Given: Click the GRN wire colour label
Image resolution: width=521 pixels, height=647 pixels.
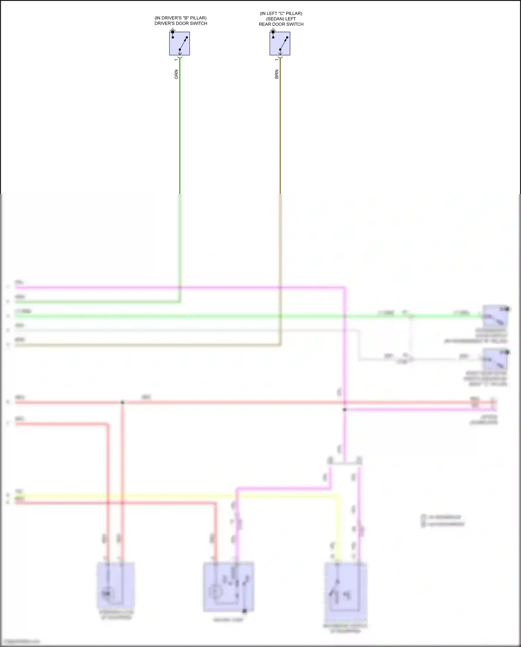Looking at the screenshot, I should (x=176, y=74).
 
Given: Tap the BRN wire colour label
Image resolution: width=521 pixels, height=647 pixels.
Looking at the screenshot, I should (x=277, y=74).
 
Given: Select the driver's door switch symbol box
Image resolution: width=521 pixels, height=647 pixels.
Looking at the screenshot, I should (x=180, y=44).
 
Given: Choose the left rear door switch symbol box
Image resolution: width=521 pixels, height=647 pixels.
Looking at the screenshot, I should (x=280, y=44).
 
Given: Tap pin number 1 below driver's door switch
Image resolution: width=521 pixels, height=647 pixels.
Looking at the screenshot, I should (x=176, y=60).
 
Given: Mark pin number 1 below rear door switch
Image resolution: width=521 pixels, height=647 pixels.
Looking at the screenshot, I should (x=277, y=60).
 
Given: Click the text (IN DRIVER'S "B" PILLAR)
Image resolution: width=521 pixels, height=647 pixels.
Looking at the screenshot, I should (x=181, y=18).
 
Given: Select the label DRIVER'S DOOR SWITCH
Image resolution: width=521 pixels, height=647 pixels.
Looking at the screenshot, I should (x=181, y=23).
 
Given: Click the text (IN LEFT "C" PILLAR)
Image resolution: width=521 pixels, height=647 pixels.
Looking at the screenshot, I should (x=281, y=14).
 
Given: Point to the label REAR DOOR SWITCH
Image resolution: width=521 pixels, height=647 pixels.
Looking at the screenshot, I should (x=281, y=24).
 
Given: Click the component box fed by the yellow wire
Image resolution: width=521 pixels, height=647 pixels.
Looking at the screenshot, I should (x=346, y=588).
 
